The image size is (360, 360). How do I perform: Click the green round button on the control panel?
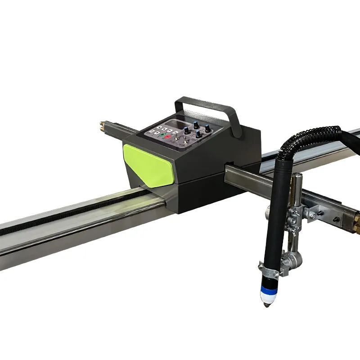[x=162, y=135]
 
